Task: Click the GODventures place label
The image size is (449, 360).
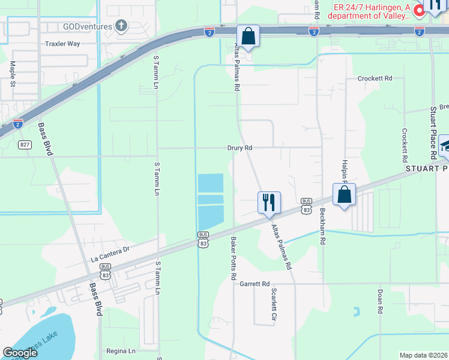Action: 88,26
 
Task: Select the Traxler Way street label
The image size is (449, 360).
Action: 62,44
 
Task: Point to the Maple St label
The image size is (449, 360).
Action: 13,74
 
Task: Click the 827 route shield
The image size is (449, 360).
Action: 25,145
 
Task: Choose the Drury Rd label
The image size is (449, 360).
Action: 240,148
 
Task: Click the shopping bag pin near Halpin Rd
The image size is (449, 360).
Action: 345,194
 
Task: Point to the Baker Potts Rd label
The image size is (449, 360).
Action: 232,258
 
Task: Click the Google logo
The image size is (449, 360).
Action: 20,353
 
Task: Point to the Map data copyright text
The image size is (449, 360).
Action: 423,355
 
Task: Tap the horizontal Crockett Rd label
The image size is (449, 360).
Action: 375,79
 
